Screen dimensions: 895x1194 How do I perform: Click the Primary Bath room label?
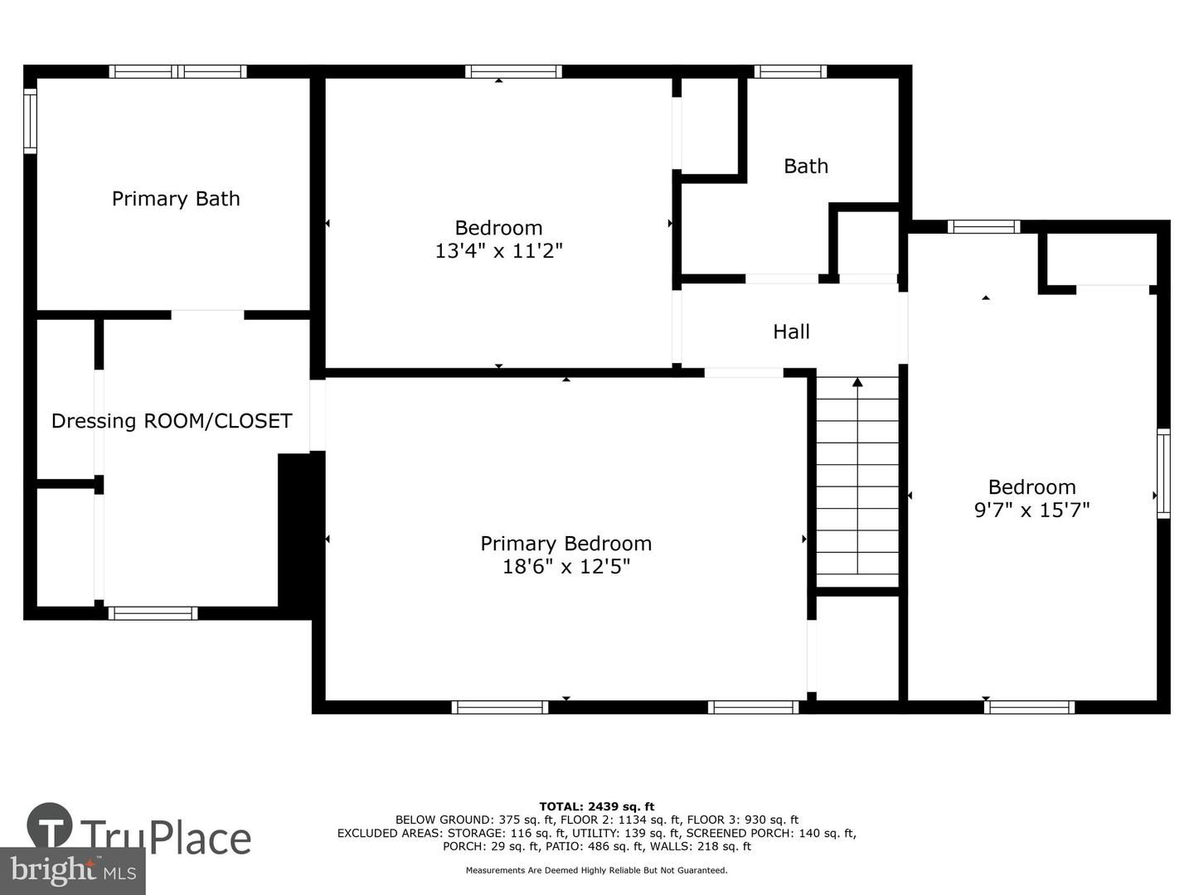[x=176, y=199]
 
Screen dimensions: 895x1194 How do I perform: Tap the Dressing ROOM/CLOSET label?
[x=172, y=421]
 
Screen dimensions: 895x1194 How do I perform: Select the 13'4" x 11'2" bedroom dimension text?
[x=498, y=251]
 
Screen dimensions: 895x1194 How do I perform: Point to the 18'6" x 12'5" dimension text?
[x=565, y=567]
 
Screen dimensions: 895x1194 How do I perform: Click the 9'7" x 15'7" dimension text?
[x=1031, y=510]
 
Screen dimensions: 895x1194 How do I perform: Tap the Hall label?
[x=791, y=332]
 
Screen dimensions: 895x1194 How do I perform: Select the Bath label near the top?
[x=806, y=167]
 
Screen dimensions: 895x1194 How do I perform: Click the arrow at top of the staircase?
[x=857, y=382]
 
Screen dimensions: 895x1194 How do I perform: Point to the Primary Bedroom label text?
[x=565, y=544]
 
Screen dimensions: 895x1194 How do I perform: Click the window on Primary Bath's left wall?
[x=30, y=121]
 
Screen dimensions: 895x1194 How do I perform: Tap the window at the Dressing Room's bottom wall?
[x=153, y=613]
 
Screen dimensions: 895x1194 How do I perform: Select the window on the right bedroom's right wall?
[x=1163, y=474]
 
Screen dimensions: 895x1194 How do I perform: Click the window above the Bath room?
[x=789, y=71]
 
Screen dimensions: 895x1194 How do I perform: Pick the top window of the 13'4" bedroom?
[x=513, y=71]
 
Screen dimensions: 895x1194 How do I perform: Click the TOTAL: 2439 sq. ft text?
[x=596, y=806]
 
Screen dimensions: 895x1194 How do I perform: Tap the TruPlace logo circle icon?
[x=50, y=825]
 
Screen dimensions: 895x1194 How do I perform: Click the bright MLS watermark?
[x=73, y=870]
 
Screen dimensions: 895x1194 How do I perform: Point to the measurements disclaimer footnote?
[x=596, y=870]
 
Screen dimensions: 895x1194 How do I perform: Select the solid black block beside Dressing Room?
[x=295, y=530]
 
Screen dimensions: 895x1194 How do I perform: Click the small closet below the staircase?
[x=857, y=646]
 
